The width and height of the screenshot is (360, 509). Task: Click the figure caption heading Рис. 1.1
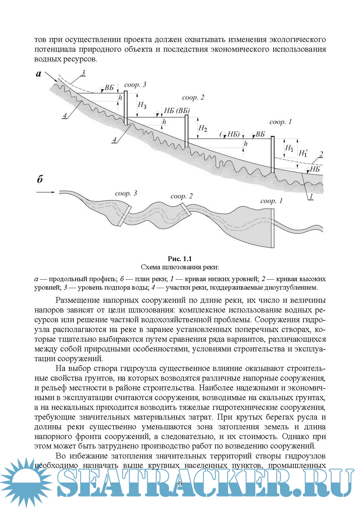point(180,259)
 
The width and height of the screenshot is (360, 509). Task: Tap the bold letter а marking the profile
point(39,74)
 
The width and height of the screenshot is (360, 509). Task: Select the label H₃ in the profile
point(142,105)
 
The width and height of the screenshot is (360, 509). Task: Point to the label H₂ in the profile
point(203,128)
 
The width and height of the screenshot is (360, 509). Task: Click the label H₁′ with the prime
point(303,153)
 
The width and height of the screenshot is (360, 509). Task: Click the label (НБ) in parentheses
point(230,134)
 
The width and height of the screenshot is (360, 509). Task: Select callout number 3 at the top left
point(83,73)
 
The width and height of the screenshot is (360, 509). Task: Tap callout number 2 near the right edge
point(321,154)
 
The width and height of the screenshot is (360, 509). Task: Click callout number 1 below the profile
point(311,197)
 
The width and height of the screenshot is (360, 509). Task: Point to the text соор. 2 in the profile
point(193,98)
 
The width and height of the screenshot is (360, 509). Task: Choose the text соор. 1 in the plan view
point(271,201)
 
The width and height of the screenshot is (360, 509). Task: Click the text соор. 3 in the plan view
point(126,193)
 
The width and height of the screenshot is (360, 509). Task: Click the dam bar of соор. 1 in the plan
point(273,228)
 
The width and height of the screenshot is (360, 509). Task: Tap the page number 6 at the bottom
point(180,483)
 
